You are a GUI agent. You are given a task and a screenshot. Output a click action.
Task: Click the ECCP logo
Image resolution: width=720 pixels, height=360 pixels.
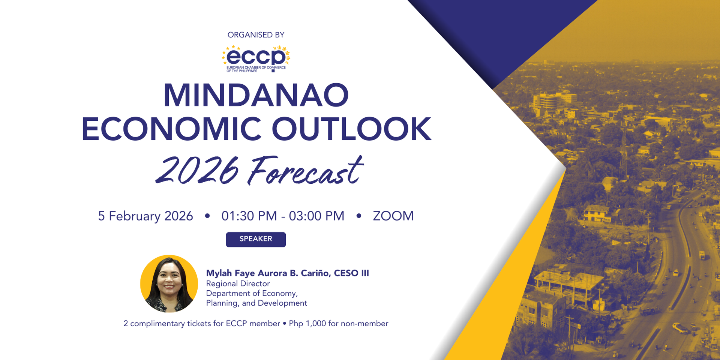256,58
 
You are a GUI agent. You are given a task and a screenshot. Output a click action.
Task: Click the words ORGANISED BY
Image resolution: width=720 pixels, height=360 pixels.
256,35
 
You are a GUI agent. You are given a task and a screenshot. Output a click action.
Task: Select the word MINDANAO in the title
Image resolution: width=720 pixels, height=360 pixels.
256,95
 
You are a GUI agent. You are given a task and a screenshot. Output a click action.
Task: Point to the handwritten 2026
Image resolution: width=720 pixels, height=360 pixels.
197,171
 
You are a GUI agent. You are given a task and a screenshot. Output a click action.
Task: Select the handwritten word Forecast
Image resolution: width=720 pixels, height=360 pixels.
306,171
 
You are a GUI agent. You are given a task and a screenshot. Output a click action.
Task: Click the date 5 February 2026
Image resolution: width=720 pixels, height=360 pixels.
145,216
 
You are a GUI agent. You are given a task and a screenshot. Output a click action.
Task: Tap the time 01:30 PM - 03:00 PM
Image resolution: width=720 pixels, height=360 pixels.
283,216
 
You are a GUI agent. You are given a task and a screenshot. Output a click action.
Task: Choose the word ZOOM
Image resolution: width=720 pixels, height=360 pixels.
393,216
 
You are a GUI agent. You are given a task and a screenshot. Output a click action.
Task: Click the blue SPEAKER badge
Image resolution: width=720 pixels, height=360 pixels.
256,239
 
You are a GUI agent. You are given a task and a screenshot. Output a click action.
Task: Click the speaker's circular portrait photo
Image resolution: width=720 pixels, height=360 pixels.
169,284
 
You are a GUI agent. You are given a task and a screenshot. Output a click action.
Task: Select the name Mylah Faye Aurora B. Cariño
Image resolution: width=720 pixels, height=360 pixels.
268,273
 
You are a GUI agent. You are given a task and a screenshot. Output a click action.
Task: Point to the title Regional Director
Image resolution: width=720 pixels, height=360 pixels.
238,284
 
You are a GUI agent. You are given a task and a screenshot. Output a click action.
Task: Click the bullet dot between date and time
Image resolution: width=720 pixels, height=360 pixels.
207,216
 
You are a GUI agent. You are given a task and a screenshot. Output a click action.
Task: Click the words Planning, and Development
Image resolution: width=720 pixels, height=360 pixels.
256,303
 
